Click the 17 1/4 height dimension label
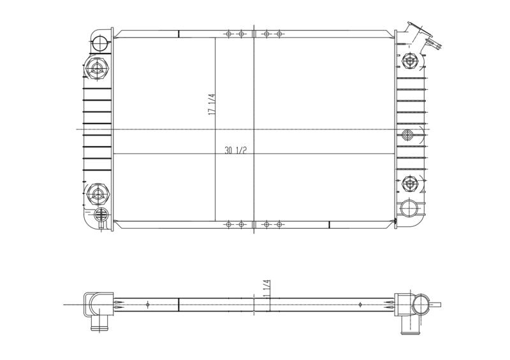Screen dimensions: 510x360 (212, 104)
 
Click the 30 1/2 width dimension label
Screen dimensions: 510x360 (235, 150)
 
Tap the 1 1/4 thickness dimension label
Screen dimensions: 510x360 (267, 289)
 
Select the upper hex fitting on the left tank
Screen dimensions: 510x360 (97, 68)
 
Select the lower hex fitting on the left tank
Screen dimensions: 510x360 (97, 194)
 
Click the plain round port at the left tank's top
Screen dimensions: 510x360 (99, 43)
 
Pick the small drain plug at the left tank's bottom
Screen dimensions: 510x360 (101, 215)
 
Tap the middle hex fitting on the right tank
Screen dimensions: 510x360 (407, 134)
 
